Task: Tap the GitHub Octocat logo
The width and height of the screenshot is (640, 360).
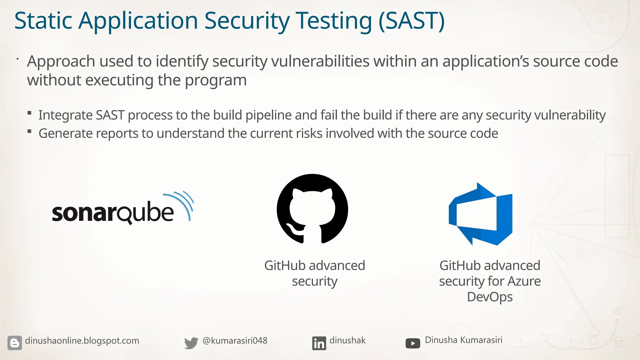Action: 312,209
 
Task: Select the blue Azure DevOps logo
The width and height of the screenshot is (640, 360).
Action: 481,214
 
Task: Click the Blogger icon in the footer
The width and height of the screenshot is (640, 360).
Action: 15,343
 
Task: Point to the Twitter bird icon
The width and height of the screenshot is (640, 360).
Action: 191,343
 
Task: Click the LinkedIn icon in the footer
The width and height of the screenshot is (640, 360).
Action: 319,343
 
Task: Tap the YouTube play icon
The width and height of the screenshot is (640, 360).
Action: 412,343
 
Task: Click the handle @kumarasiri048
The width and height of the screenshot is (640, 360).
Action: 235,341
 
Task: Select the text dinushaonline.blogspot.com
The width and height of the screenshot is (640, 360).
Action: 82,341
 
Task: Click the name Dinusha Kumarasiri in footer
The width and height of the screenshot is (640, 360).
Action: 463,340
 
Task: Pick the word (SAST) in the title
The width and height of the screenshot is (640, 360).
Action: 411,21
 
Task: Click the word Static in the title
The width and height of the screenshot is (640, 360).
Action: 43,21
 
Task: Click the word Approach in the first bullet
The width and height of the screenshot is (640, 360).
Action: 61,62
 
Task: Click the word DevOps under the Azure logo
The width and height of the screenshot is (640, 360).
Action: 490,297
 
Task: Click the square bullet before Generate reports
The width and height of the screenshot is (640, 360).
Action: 29,131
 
